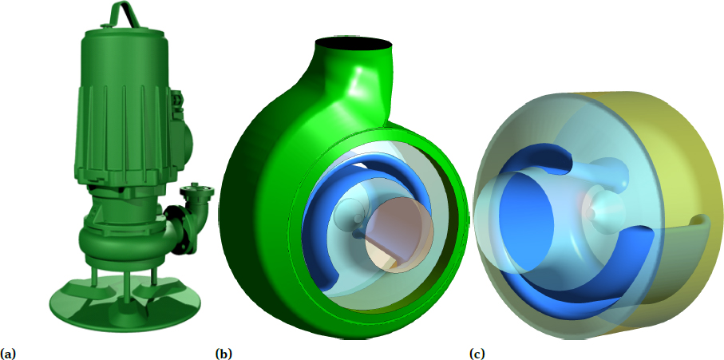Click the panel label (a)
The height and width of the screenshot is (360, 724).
(8, 352)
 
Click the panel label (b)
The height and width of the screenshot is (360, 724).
(224, 352)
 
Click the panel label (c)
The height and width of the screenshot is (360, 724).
(477, 352)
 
